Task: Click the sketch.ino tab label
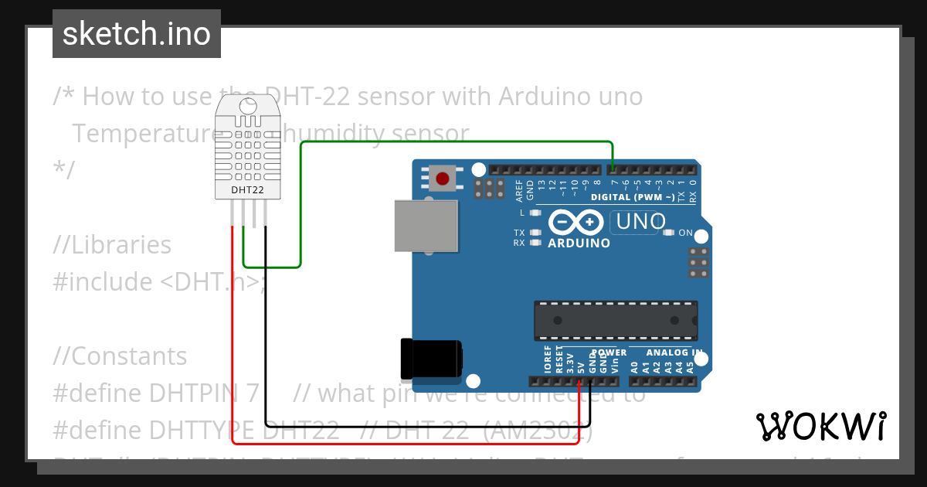pyautogui.click(x=137, y=34)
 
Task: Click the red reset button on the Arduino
pyautogui.click(x=442, y=179)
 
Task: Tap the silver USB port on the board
pyautogui.click(x=425, y=226)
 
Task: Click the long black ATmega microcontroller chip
pyautogui.click(x=616, y=321)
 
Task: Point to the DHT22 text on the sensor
pyautogui.click(x=248, y=189)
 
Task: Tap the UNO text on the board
pyautogui.click(x=638, y=222)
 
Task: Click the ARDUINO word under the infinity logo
pyautogui.click(x=579, y=243)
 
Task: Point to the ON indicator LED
pyautogui.click(x=669, y=233)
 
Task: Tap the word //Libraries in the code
pyautogui.click(x=112, y=245)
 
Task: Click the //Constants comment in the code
pyautogui.click(x=121, y=356)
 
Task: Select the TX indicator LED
pyautogui.click(x=534, y=233)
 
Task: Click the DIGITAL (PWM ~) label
pyautogui.click(x=632, y=197)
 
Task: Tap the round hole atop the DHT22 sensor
pyautogui.click(x=248, y=107)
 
